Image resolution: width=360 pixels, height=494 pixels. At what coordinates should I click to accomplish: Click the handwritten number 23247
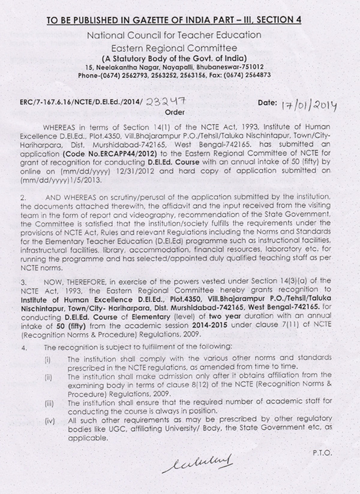(169, 103)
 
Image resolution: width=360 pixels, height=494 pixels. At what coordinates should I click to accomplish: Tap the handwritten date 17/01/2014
(308, 106)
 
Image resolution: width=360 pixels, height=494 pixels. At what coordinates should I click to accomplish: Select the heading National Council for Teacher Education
(174, 35)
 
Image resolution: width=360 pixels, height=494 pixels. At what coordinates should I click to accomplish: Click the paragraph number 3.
(23, 281)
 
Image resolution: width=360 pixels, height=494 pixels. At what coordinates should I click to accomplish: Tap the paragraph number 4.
(23, 348)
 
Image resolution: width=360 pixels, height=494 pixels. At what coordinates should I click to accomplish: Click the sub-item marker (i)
(48, 358)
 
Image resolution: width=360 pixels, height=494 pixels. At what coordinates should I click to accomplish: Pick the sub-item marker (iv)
(48, 421)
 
